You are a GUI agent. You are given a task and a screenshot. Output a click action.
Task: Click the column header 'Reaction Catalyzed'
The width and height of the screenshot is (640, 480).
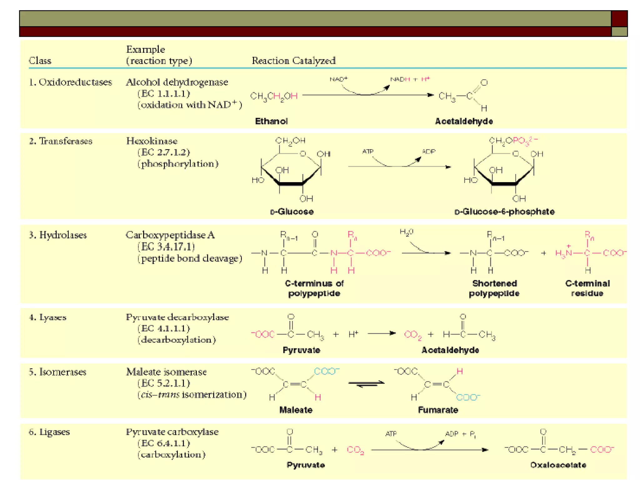tap(293, 60)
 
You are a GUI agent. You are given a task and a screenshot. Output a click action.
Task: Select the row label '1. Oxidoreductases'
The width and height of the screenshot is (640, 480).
tap(70, 82)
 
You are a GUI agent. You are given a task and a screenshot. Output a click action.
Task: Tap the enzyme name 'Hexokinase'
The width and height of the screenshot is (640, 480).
tap(152, 141)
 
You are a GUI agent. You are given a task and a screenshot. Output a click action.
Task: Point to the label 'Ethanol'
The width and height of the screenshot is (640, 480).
tap(271, 121)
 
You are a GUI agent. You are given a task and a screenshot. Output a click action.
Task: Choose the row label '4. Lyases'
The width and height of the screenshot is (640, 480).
tap(48, 317)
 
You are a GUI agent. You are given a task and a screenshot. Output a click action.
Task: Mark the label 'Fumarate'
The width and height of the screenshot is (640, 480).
tap(438, 410)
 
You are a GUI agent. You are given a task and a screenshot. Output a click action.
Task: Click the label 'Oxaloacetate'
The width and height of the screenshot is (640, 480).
tap(558, 465)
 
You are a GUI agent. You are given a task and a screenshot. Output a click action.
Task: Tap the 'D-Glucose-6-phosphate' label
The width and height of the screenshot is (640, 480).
tap(504, 212)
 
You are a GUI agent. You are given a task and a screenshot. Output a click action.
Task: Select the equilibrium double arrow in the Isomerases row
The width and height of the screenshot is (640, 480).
tap(366, 384)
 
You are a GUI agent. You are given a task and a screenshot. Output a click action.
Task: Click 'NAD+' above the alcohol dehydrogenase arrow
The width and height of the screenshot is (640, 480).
tap(338, 79)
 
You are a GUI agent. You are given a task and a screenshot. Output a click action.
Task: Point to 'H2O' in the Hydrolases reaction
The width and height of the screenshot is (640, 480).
tap(406, 232)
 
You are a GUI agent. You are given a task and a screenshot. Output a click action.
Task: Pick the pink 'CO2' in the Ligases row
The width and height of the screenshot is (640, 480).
tap(355, 450)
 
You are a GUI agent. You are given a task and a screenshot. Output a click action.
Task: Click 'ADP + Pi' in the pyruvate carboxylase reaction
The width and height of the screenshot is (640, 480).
tap(460, 434)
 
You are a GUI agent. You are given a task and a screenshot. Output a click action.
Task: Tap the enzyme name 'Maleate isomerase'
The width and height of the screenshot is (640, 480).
tap(166, 372)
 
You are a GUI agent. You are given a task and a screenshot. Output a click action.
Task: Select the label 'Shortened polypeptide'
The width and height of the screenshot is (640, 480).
tap(494, 288)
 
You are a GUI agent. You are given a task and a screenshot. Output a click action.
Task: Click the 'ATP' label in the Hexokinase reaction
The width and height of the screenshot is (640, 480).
tap(367, 152)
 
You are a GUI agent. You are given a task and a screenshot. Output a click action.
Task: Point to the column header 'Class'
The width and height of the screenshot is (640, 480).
tap(40, 61)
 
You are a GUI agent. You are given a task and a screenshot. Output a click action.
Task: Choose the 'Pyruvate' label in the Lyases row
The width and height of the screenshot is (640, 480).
tap(301, 350)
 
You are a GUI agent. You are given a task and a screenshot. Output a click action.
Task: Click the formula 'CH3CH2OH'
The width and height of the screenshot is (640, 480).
tap(274, 96)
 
